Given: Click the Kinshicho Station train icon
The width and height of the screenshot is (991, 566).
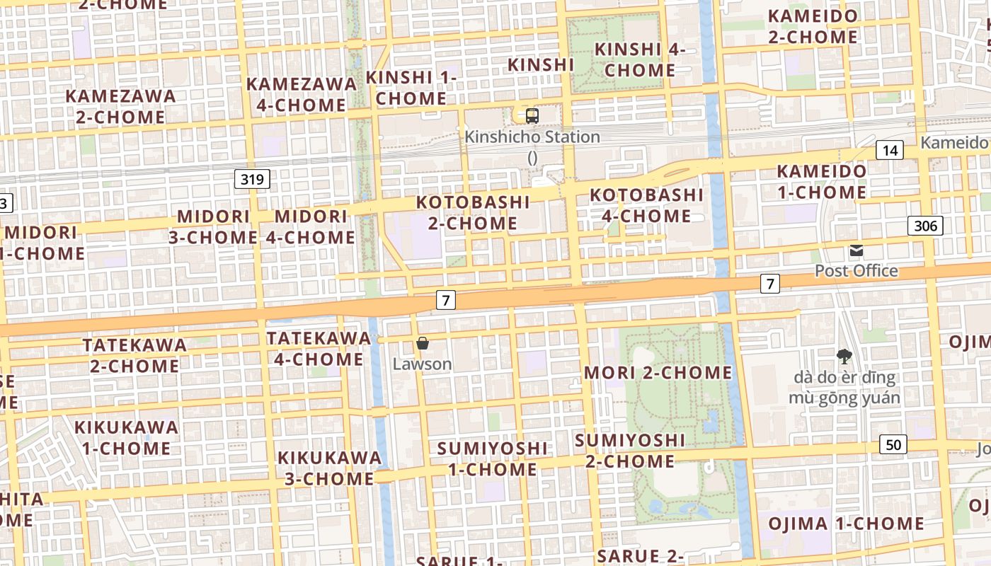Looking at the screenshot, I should (532, 115).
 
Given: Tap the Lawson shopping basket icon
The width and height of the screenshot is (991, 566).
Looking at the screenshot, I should (423, 344).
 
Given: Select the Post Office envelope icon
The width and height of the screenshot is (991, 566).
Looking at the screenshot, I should (857, 250).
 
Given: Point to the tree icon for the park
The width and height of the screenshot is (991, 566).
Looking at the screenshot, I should (844, 357).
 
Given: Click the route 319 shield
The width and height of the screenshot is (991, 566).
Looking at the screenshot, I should (253, 179).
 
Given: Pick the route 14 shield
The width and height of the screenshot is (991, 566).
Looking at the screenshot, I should (890, 150).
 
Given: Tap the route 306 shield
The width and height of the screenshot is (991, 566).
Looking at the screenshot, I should (925, 226).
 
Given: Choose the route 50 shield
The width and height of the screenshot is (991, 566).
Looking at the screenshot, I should (894, 444).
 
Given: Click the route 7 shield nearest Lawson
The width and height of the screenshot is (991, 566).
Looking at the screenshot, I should (445, 300).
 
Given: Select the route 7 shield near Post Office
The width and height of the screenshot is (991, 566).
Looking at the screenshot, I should (770, 284).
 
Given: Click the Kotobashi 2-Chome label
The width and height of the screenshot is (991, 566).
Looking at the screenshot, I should (473, 212).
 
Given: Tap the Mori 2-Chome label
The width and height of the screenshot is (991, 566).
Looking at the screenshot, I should (658, 372).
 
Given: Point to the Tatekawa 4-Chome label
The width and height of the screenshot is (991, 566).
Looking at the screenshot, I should (319, 349).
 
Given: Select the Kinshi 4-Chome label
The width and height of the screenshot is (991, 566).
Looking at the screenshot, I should (640, 59).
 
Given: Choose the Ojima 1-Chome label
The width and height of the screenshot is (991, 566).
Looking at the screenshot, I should (847, 524).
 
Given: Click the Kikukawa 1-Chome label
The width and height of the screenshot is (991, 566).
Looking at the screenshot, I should (126, 437).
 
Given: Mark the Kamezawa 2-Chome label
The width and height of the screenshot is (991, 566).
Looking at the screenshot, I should (120, 106).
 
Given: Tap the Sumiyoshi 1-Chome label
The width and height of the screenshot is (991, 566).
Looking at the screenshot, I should (492, 458).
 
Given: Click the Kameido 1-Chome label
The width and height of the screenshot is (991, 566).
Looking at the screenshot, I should (821, 181).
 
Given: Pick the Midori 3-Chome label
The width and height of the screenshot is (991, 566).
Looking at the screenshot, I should (212, 226).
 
